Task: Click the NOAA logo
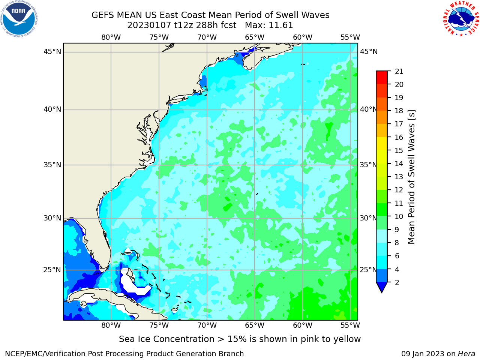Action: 19,19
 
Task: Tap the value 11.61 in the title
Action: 280,25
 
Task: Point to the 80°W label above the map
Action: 111,37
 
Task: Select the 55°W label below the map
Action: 350,325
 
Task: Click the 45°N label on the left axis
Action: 52,52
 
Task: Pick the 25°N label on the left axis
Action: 52,270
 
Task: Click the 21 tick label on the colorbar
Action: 399,72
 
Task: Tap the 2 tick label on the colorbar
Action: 397,282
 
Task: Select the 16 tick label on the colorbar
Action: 399,137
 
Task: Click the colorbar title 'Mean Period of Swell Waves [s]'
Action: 411,177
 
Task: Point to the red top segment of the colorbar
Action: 382,78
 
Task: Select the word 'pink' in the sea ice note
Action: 310,339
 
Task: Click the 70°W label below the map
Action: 207,325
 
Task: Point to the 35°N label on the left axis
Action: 52,165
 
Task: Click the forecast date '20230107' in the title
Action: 149,25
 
